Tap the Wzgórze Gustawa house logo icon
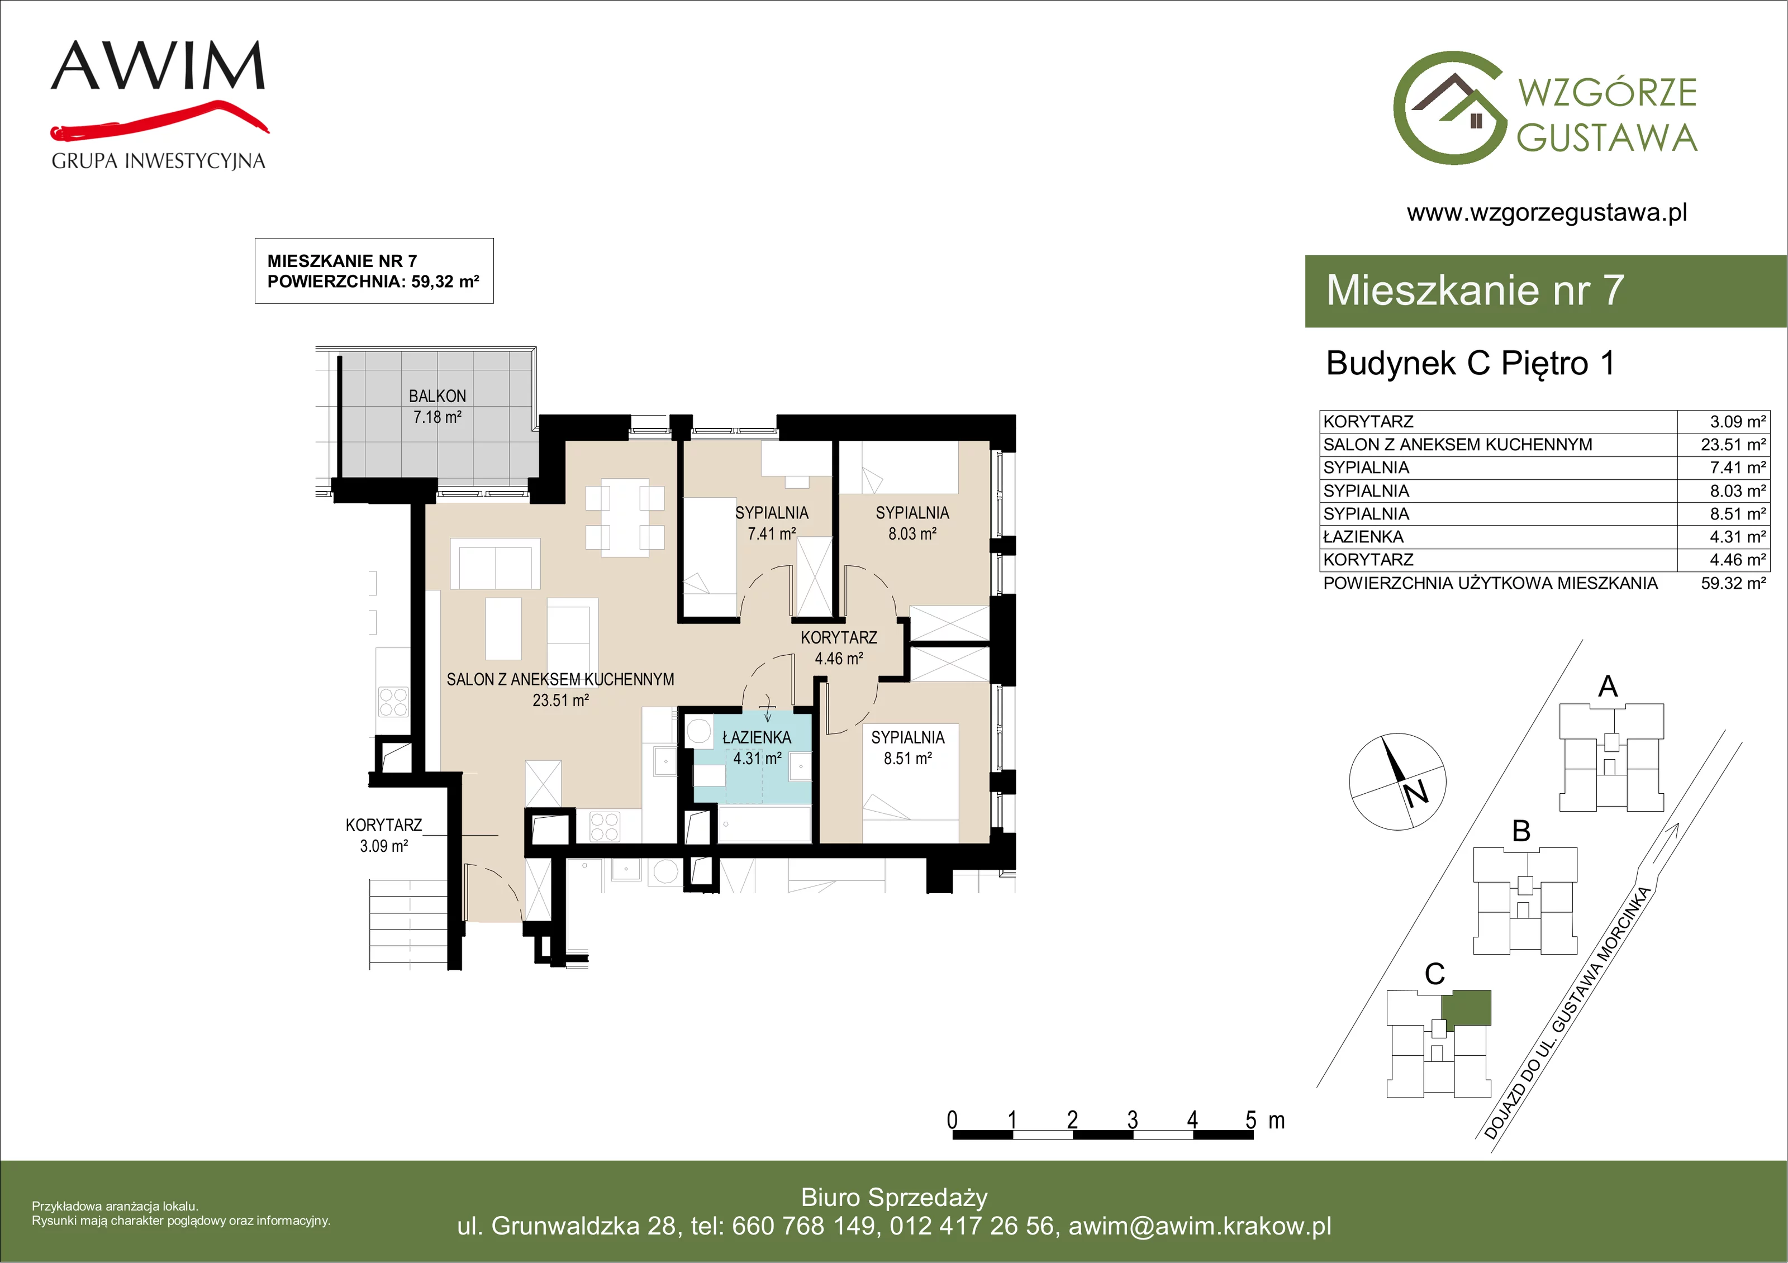[x=1450, y=108]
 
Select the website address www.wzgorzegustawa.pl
[x=1547, y=213]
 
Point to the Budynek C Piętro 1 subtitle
[x=1470, y=364]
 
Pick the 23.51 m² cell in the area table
[x=1733, y=445]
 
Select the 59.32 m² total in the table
[x=1733, y=583]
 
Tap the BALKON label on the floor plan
[x=437, y=397]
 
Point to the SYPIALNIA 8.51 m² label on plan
[x=907, y=747]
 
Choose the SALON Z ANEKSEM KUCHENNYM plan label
[x=560, y=680]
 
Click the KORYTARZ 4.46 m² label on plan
[x=839, y=648]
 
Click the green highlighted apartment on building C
[x=1466, y=1007]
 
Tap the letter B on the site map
[x=1521, y=832]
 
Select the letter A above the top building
[x=1608, y=687]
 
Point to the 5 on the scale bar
[x=1250, y=1120]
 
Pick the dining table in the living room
[x=625, y=517]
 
